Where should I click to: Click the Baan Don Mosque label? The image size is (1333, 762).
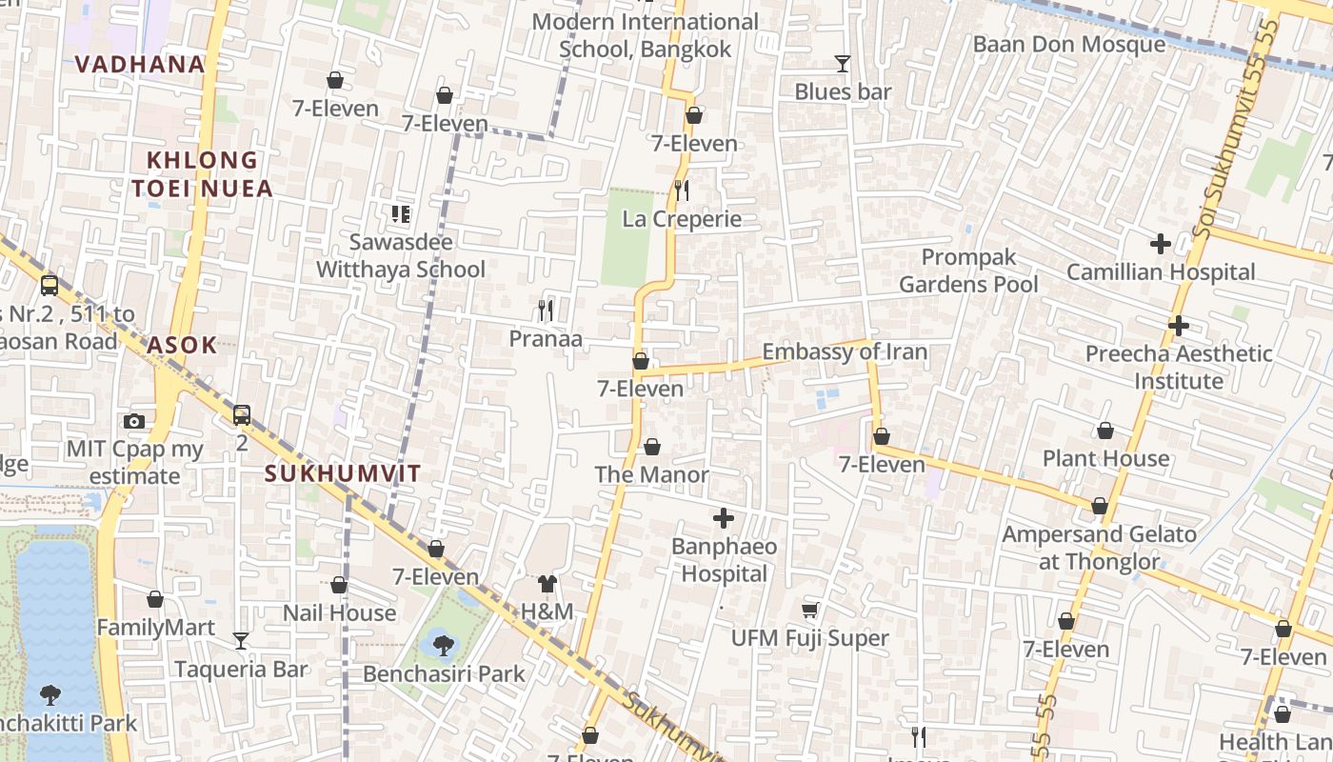[1068, 44]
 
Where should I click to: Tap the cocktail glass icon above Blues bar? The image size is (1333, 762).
[843, 64]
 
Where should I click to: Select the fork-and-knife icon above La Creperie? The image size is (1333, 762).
[681, 190]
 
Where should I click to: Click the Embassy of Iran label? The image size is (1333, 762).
[845, 351]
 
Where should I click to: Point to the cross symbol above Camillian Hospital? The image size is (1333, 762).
[1160, 244]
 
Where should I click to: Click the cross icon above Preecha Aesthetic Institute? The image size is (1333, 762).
[1179, 326]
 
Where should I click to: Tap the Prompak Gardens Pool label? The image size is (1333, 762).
[968, 271]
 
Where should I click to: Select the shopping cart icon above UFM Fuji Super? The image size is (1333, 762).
[809, 610]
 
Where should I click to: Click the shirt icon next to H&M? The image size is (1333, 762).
[547, 583]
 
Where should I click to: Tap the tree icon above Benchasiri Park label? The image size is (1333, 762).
[443, 646]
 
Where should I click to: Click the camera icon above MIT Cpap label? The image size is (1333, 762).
[134, 421]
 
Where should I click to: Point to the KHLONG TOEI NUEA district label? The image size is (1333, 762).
[202, 173]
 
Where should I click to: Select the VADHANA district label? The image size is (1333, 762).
[140, 64]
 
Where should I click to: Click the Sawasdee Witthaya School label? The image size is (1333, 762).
[401, 255]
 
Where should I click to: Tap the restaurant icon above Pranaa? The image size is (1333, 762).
[546, 310]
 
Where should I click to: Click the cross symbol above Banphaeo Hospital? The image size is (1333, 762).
[724, 518]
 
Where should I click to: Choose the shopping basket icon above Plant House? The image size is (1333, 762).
[1105, 431]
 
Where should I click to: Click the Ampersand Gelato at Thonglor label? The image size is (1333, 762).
[1099, 548]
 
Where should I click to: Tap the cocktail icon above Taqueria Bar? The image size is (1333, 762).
[241, 640]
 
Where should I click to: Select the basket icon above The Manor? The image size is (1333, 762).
[652, 447]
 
